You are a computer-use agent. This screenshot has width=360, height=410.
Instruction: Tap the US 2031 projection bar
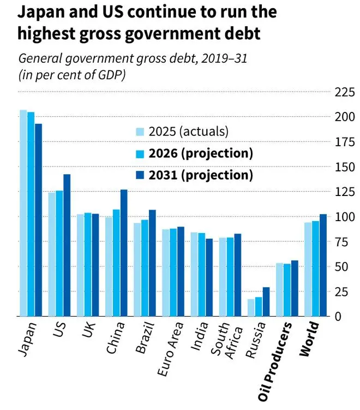click(67, 245)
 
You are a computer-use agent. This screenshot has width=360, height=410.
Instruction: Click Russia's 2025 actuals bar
click(251, 307)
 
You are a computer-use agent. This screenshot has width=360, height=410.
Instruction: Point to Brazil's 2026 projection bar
click(145, 268)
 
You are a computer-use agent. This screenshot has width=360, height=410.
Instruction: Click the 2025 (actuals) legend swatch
click(140, 132)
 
